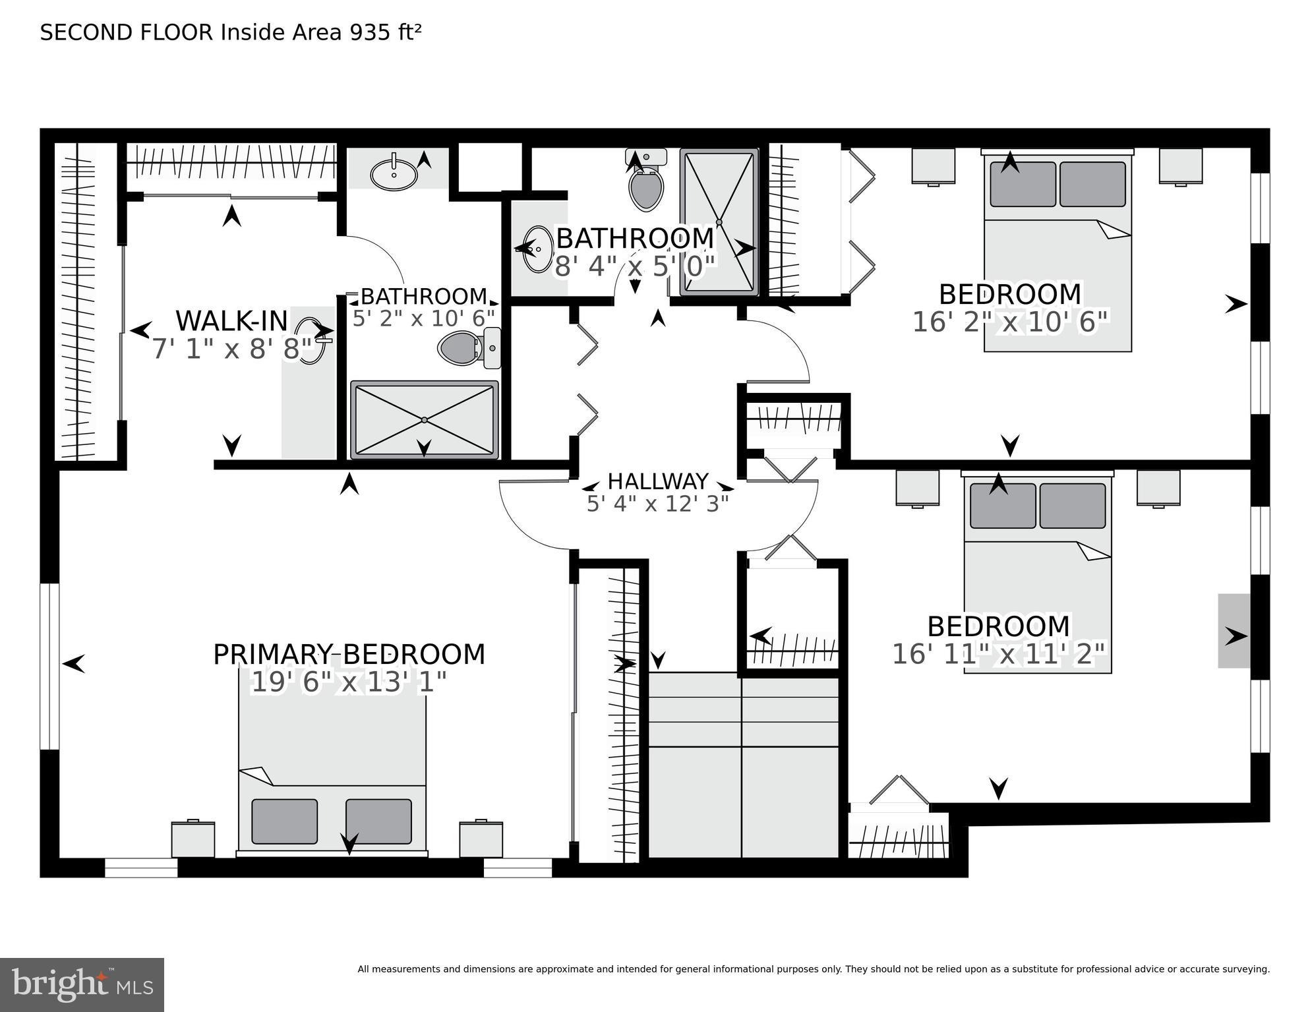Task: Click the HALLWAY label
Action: [x=657, y=481]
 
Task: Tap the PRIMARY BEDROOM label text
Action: [x=349, y=655]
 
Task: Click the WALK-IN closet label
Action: [x=231, y=321]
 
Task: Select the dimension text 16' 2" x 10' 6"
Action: [x=1010, y=322]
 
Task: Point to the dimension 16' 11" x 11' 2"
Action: [x=997, y=655]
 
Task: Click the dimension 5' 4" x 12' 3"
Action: [x=657, y=504]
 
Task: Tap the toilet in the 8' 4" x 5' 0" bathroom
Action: [x=645, y=181]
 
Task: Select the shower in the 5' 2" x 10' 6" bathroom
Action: [x=424, y=419]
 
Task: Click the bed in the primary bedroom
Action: [x=332, y=771]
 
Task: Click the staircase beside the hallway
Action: [x=743, y=765]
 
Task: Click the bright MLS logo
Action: [x=82, y=984]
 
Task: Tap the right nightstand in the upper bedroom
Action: [x=1180, y=166]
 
